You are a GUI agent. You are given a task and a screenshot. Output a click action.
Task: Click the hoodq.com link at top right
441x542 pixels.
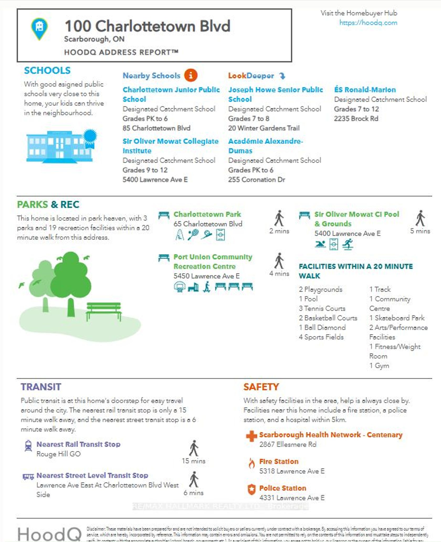(x=368, y=23)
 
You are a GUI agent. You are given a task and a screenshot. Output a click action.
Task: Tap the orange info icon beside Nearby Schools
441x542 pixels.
(x=191, y=75)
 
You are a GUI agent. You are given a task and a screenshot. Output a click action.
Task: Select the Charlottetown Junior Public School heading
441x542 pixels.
(x=171, y=94)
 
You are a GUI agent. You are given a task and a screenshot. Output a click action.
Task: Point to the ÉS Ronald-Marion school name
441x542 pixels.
(x=365, y=90)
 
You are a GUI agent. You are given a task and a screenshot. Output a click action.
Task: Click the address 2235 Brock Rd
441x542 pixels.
(x=356, y=119)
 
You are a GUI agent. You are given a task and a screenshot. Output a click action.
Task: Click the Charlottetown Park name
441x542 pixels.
(x=207, y=214)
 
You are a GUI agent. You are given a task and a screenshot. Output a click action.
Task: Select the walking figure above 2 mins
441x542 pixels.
(x=279, y=218)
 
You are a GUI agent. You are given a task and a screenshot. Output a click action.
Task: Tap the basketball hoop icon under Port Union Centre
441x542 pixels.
(x=180, y=287)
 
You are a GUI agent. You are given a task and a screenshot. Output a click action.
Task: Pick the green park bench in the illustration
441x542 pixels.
(x=104, y=311)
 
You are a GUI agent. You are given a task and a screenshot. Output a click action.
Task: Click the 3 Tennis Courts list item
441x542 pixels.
(x=322, y=308)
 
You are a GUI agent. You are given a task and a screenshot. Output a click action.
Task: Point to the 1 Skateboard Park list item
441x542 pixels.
(x=397, y=318)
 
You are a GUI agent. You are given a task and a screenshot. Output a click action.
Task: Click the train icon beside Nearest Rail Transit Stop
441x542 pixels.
(x=28, y=446)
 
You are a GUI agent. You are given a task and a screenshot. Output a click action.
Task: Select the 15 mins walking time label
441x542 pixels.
(x=193, y=461)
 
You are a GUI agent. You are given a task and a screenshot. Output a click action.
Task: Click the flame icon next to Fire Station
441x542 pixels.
(x=251, y=463)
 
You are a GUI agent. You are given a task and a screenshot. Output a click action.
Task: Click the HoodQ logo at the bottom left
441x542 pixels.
(x=50, y=534)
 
